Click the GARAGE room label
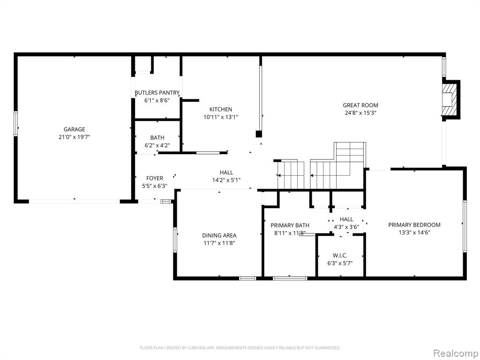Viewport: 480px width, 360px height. [74, 129]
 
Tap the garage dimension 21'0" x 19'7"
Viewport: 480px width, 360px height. [74, 137]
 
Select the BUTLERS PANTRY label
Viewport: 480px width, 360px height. [157, 92]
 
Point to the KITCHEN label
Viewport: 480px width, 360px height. [220, 109]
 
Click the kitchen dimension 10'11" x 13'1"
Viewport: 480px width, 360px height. [220, 117]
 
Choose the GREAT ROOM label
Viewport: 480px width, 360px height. [360, 105]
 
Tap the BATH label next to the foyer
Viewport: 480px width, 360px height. [157, 138]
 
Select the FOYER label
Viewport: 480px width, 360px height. [155, 178]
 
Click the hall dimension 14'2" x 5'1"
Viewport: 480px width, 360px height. [226, 180]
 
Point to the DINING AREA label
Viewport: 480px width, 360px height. [219, 235]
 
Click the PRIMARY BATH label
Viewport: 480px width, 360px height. [290, 225]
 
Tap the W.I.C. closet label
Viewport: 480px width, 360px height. [340, 255]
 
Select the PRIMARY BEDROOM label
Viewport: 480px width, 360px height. [414, 225]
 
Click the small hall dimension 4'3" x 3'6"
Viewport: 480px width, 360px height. [346, 227]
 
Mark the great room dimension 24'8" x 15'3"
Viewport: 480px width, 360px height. [360, 112]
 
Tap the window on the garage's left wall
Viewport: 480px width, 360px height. [15, 124]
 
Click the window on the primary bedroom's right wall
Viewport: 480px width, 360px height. [465, 226]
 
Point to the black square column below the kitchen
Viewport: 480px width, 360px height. [259, 134]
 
